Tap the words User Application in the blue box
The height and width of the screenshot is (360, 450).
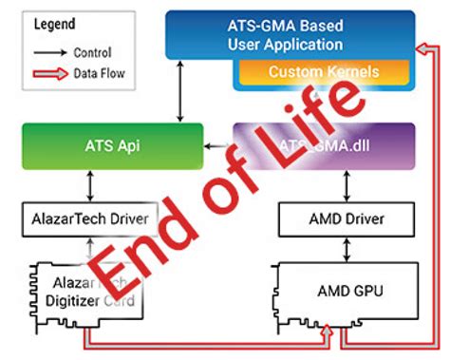click(294, 44)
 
